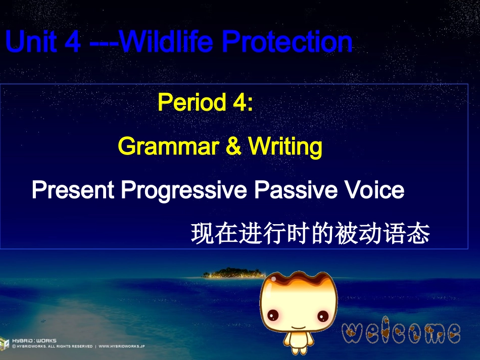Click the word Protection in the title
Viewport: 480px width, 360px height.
point(287,42)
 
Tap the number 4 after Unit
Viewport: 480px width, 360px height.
point(73,42)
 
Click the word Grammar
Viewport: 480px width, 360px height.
point(168,147)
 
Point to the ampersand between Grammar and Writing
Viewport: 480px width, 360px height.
point(233,147)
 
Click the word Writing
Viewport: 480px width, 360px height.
point(285,147)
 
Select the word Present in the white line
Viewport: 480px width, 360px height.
point(73,191)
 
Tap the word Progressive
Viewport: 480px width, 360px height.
point(184,191)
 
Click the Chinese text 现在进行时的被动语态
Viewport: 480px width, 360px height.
point(310,235)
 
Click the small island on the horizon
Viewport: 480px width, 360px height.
point(230,273)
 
